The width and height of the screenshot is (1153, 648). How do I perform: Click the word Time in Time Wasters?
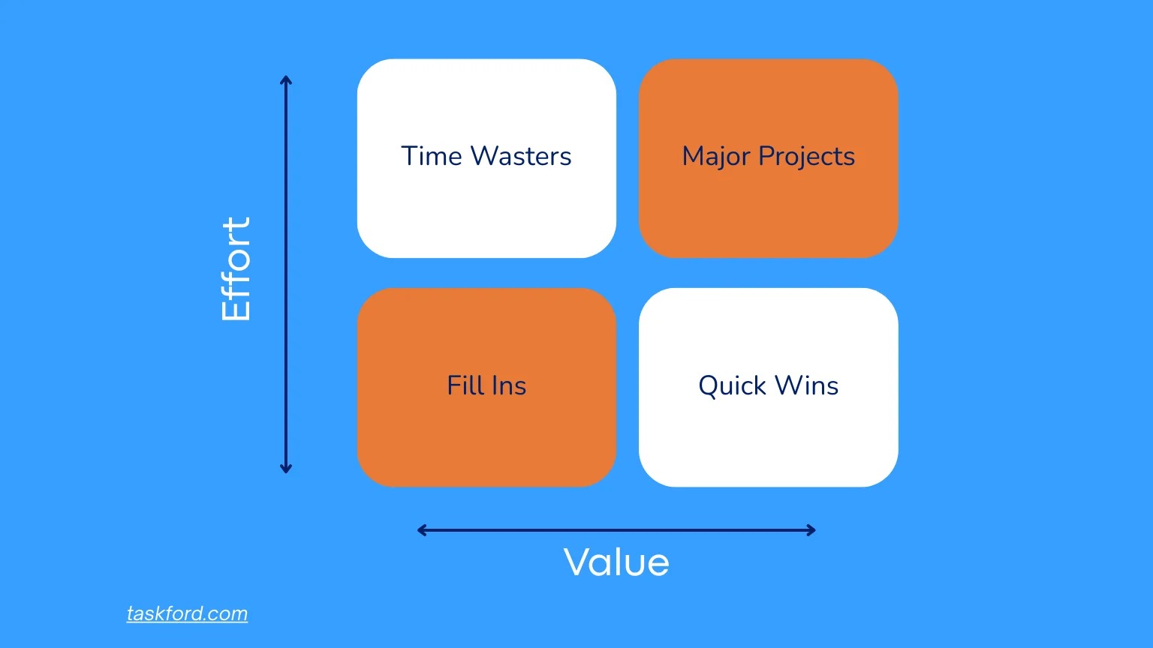pyautogui.click(x=431, y=156)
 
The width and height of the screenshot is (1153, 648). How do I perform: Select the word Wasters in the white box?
pyautogui.click(x=520, y=156)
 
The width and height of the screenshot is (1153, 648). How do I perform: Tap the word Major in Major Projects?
pyautogui.click(x=715, y=157)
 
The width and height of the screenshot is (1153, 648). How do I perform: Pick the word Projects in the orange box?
pyautogui.click(x=806, y=157)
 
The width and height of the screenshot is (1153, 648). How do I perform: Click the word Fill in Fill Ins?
pyautogui.click(x=465, y=385)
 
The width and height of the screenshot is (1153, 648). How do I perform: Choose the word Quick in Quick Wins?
pyautogui.click(x=732, y=385)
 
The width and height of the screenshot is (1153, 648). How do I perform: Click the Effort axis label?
pyautogui.click(x=236, y=269)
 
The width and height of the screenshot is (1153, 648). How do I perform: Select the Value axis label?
pyautogui.click(x=616, y=562)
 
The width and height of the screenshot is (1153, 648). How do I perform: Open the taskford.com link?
pyautogui.click(x=187, y=613)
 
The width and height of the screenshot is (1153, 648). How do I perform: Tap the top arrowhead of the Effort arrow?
pyautogui.click(x=285, y=79)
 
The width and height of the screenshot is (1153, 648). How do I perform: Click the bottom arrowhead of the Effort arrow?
pyautogui.click(x=285, y=469)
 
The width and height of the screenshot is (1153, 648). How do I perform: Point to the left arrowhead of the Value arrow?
pyautogui.click(x=421, y=530)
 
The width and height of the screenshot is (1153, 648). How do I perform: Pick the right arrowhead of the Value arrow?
pyautogui.click(x=811, y=530)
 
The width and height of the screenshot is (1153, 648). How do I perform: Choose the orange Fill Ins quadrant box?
pyautogui.click(x=486, y=442)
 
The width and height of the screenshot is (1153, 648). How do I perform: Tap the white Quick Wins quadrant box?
pyautogui.click(x=768, y=442)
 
